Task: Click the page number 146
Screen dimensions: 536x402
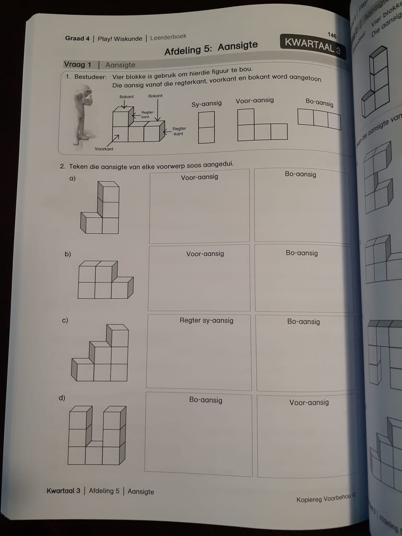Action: coord(332,35)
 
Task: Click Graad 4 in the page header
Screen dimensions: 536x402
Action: coord(78,38)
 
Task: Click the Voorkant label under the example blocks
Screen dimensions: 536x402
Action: coord(104,149)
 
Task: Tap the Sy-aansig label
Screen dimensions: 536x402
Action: coord(206,103)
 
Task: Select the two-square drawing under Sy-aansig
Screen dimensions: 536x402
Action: coord(206,127)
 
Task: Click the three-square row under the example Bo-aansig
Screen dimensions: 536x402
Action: coord(319,119)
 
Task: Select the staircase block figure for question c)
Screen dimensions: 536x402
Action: coord(100,353)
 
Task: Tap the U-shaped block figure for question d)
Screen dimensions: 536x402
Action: coord(97,435)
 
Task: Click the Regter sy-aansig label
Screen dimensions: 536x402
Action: coord(206,320)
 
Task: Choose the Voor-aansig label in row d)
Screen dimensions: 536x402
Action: coord(309,402)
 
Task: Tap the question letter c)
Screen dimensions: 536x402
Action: coord(65,320)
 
